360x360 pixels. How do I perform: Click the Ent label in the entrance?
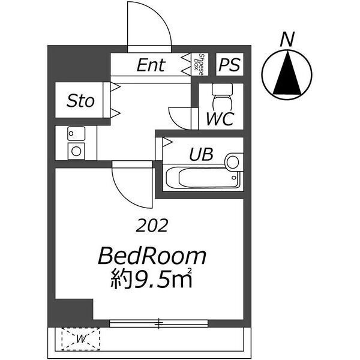pyautogui.click(x=151, y=65)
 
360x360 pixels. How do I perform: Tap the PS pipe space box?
pyautogui.click(x=230, y=64)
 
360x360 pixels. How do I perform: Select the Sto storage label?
pyautogui.click(x=80, y=101)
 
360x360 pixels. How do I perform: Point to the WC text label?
pyautogui.click(x=220, y=119)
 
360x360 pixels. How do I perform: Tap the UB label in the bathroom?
pyautogui.click(x=201, y=154)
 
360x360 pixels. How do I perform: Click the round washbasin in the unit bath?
pyautogui.click(x=233, y=162)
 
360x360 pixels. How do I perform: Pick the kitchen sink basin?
pyautogui.click(x=76, y=133)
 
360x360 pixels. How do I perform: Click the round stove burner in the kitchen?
pyautogui.click(x=76, y=151)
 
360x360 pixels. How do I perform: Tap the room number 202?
pyautogui.click(x=152, y=226)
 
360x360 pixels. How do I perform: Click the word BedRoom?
pyautogui.click(x=152, y=256)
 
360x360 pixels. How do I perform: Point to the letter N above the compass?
pyautogui.click(x=287, y=39)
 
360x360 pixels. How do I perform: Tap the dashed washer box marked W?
pyautogui.click(x=80, y=339)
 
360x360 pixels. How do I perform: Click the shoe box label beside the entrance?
pyautogui.click(x=199, y=64)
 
